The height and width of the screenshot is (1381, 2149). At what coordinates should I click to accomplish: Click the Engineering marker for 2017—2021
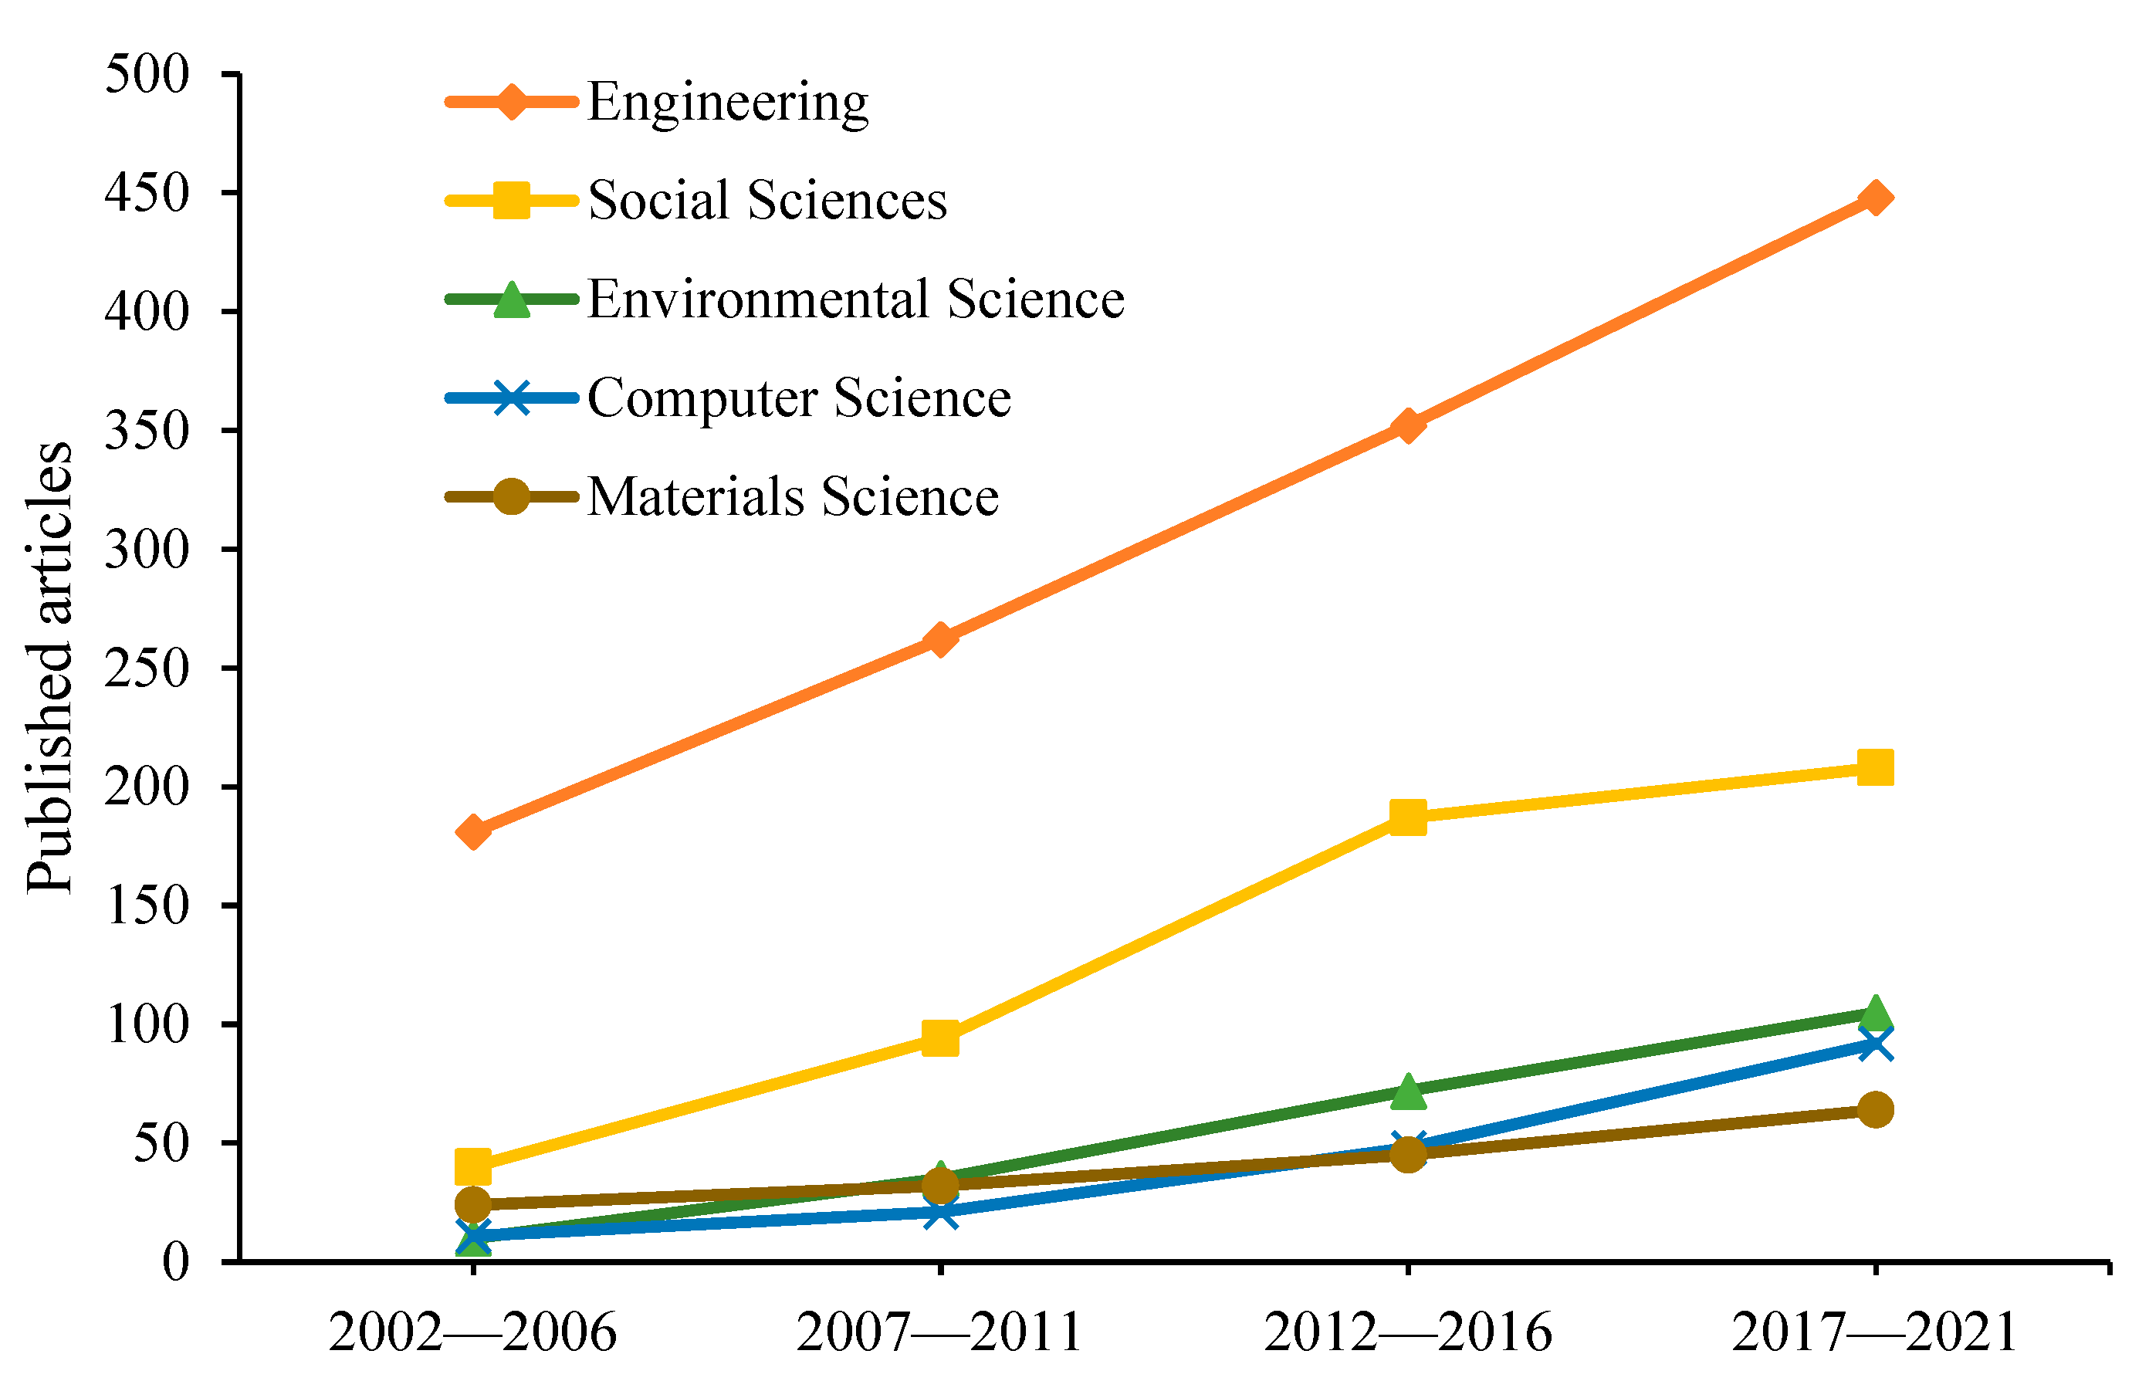coord(1875,198)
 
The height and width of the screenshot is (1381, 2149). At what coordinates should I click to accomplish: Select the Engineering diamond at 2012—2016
coord(1407,426)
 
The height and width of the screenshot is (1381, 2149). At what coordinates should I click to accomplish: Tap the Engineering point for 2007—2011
coord(939,639)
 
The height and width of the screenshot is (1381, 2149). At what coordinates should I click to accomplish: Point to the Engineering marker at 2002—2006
coord(472,832)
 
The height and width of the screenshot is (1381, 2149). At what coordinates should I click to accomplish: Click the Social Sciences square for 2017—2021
coord(1875,767)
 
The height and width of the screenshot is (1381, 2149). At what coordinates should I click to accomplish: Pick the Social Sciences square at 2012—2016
coord(1407,817)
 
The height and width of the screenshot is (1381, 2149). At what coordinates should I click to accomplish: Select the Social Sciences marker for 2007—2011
coord(939,1038)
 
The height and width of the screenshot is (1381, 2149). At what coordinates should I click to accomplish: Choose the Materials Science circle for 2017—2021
coord(1875,1109)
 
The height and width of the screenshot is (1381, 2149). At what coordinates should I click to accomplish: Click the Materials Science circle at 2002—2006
coord(472,1203)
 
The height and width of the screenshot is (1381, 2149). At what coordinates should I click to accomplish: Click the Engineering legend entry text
coord(727,101)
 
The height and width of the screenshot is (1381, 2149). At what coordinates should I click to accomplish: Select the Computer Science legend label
coord(798,398)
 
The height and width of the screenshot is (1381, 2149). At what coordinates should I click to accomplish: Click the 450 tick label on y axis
coord(147,193)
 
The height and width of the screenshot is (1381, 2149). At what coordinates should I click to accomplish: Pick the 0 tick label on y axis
coord(176,1261)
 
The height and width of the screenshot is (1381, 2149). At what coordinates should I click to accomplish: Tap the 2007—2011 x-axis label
coord(939,1332)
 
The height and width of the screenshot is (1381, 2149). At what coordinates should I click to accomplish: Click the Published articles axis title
coord(49,667)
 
